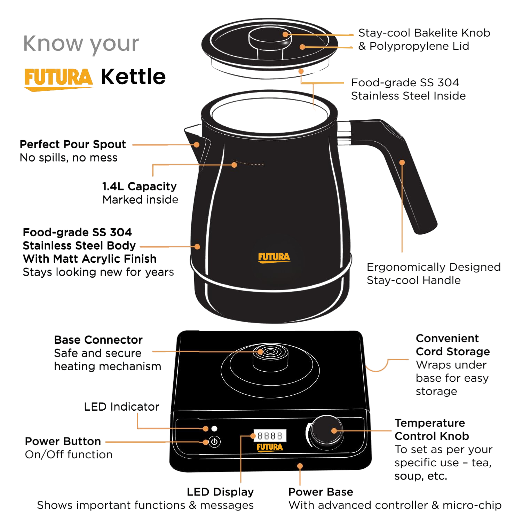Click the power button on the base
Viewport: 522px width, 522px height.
[214, 442]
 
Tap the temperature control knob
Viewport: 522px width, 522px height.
[326, 432]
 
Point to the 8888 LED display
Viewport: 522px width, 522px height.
[270, 436]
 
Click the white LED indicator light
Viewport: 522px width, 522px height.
[214, 428]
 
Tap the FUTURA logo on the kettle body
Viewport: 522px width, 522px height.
[274, 258]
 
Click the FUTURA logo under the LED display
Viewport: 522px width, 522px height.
[270, 448]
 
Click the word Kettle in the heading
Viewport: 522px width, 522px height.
[133, 77]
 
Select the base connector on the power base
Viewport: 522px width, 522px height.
[270, 357]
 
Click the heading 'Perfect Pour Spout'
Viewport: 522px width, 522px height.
[73, 144]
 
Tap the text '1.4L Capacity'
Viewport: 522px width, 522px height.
[139, 186]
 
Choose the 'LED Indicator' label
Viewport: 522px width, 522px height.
[121, 406]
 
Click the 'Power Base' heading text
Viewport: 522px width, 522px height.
[321, 492]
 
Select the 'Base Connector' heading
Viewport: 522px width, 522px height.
[98, 340]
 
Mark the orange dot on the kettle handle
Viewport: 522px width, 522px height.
[402, 163]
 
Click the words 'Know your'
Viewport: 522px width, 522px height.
[81, 43]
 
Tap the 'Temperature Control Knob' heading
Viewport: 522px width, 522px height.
[432, 429]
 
